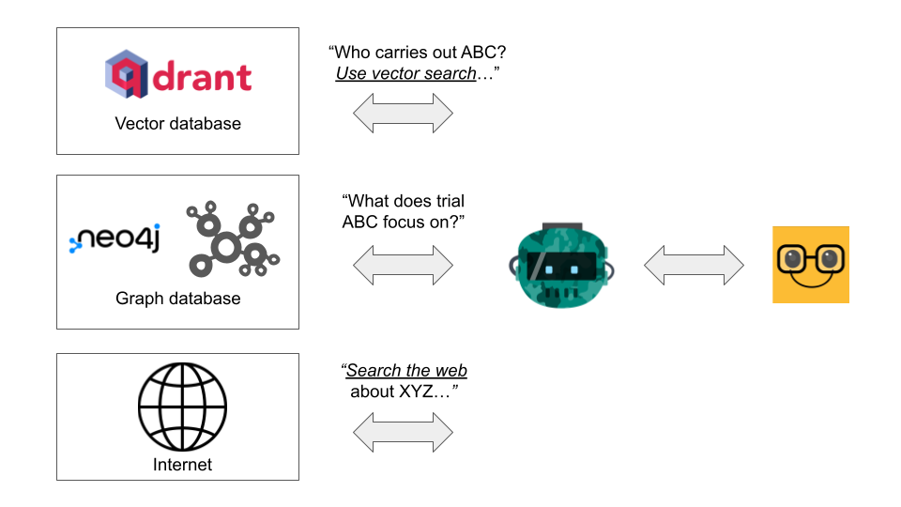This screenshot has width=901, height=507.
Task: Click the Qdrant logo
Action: (x=177, y=77)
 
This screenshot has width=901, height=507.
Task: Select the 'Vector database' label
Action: (x=177, y=124)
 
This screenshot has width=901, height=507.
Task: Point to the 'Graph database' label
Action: (x=177, y=299)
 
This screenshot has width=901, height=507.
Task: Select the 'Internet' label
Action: (x=182, y=465)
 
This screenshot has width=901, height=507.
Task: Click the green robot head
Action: (x=560, y=265)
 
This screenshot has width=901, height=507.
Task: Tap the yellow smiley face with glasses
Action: (x=810, y=265)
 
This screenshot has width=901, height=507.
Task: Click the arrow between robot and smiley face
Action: (x=694, y=265)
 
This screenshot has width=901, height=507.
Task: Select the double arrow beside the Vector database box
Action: (x=403, y=114)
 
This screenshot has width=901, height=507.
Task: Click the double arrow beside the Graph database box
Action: (x=403, y=265)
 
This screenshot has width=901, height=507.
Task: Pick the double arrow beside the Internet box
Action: (x=403, y=433)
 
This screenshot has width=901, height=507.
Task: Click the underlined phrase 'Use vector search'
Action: (x=405, y=73)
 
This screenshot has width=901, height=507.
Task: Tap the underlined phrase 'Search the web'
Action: (x=406, y=371)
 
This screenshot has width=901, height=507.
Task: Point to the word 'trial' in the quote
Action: (x=446, y=201)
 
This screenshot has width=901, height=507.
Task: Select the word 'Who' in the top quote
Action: (x=354, y=53)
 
